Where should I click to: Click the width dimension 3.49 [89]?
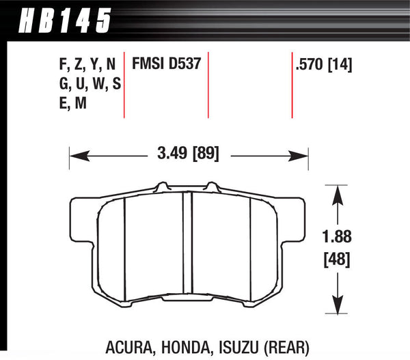186,154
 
